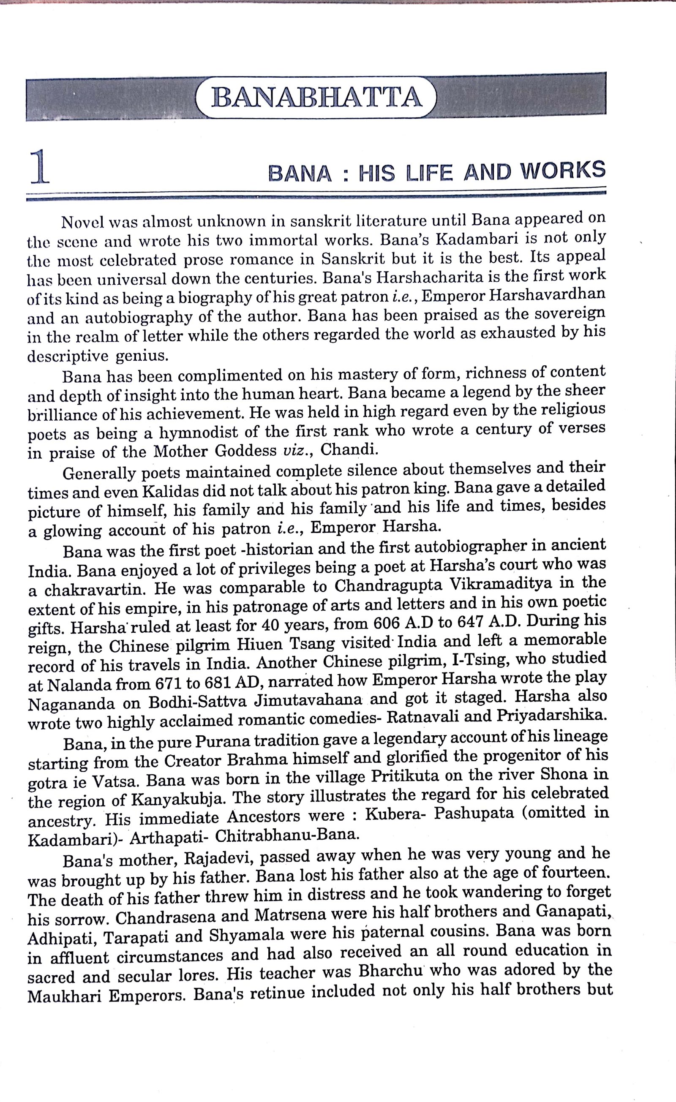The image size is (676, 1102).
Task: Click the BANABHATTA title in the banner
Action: point(316,97)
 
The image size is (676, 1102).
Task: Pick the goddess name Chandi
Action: point(349,449)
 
